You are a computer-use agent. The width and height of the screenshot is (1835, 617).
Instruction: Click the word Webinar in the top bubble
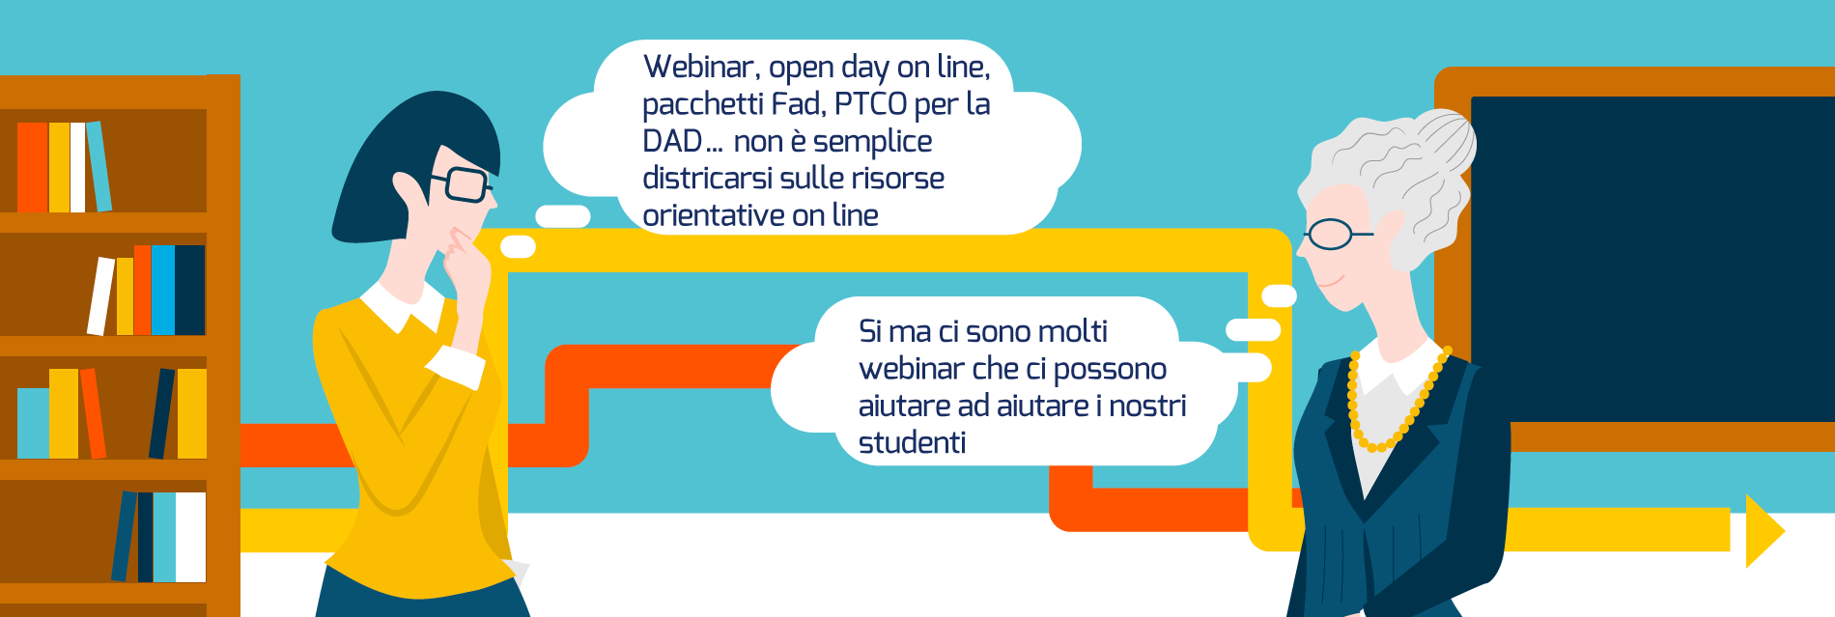coord(700,67)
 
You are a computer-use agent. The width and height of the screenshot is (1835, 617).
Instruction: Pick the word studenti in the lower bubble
coord(912,442)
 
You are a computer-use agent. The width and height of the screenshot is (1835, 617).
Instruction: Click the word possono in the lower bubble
coord(1110,370)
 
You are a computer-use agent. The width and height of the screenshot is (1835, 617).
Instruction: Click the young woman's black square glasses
coord(462,183)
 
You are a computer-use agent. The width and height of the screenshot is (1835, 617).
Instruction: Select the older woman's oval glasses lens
coord(1330,234)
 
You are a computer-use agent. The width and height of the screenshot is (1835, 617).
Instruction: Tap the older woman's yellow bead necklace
coord(1396,405)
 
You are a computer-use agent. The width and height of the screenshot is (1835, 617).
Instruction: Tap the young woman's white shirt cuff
coord(456,366)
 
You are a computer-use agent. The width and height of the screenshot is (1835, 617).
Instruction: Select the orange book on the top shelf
coord(32,167)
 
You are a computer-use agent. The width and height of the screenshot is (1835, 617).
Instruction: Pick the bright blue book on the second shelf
coord(163,290)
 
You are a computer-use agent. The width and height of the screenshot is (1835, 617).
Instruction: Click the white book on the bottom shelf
coord(190,537)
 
